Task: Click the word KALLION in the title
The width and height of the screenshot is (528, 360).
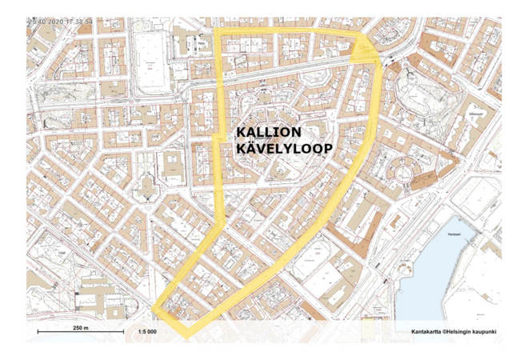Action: pos(269,132)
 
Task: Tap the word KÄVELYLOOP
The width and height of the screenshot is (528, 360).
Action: pos(284,149)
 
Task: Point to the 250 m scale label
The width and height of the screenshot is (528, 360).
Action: pos(80,328)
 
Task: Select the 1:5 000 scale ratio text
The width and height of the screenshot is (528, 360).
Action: pos(146,331)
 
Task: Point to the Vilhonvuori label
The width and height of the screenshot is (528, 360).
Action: pos(478,114)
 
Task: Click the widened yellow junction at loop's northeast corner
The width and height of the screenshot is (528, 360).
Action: pos(364,50)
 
